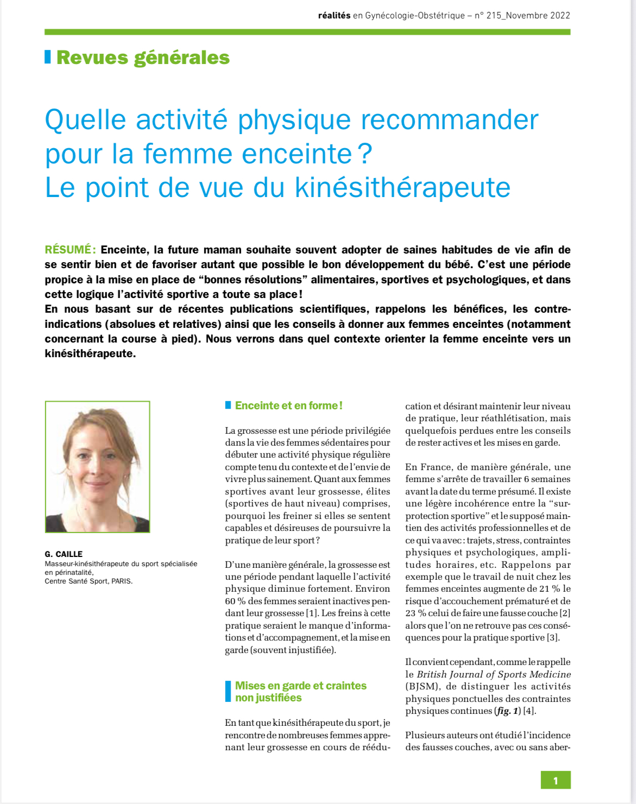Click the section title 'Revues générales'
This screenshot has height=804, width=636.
click(x=143, y=58)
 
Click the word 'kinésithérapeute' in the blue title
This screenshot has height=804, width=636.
click(x=402, y=188)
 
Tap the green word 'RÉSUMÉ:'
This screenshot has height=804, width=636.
click(x=70, y=250)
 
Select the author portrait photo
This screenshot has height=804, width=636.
click(x=98, y=467)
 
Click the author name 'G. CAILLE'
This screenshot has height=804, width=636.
click(x=64, y=554)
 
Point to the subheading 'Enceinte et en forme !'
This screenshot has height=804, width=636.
click(x=288, y=406)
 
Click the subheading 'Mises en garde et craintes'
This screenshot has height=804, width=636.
click(x=300, y=686)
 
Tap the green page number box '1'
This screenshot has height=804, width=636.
click(x=555, y=781)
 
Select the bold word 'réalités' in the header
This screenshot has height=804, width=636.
click(x=334, y=15)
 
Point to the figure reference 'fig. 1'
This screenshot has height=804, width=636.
click(x=508, y=711)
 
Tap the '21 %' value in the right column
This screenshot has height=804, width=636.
click(x=549, y=589)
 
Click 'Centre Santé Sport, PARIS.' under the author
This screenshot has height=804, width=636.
click(x=89, y=581)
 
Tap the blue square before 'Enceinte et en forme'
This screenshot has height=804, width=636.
click(x=228, y=405)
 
